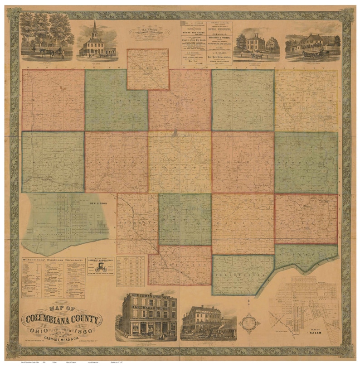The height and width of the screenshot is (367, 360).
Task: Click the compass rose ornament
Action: pyautogui.click(x=249, y=324)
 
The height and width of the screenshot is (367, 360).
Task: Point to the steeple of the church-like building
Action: pyautogui.click(x=94, y=28)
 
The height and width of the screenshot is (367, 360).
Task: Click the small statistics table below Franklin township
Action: pyautogui.click(x=131, y=271)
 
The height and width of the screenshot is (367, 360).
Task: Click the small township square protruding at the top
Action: pyautogui.click(x=148, y=69)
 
